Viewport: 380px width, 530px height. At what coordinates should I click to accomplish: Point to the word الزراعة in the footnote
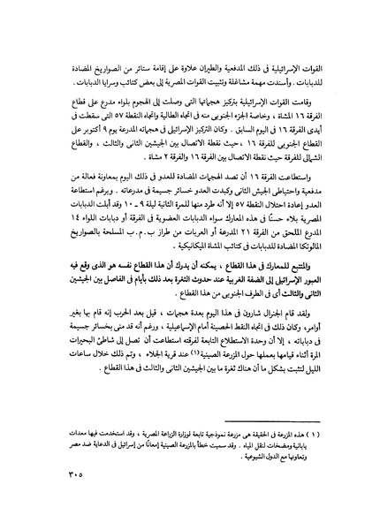click(141, 438)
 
